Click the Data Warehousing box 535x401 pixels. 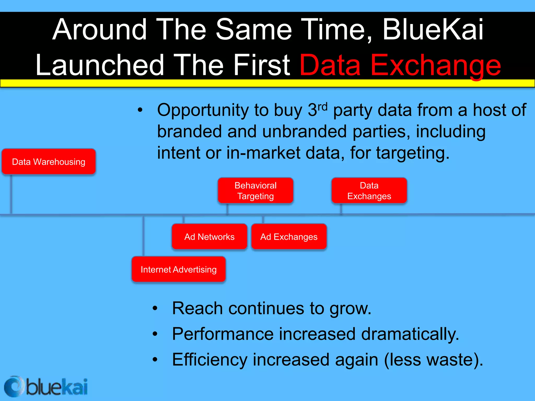coord(49,162)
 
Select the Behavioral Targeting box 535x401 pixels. coord(255,191)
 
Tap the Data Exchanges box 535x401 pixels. coord(369,191)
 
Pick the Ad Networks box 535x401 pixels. coord(209,237)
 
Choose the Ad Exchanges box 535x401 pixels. coord(289,237)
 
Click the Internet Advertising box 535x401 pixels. coord(178,269)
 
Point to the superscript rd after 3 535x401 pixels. coord(323,107)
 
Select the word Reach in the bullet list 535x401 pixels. coord(197,308)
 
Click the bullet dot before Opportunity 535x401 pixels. coord(140,110)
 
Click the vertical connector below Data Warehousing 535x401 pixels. coord(11,194)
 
